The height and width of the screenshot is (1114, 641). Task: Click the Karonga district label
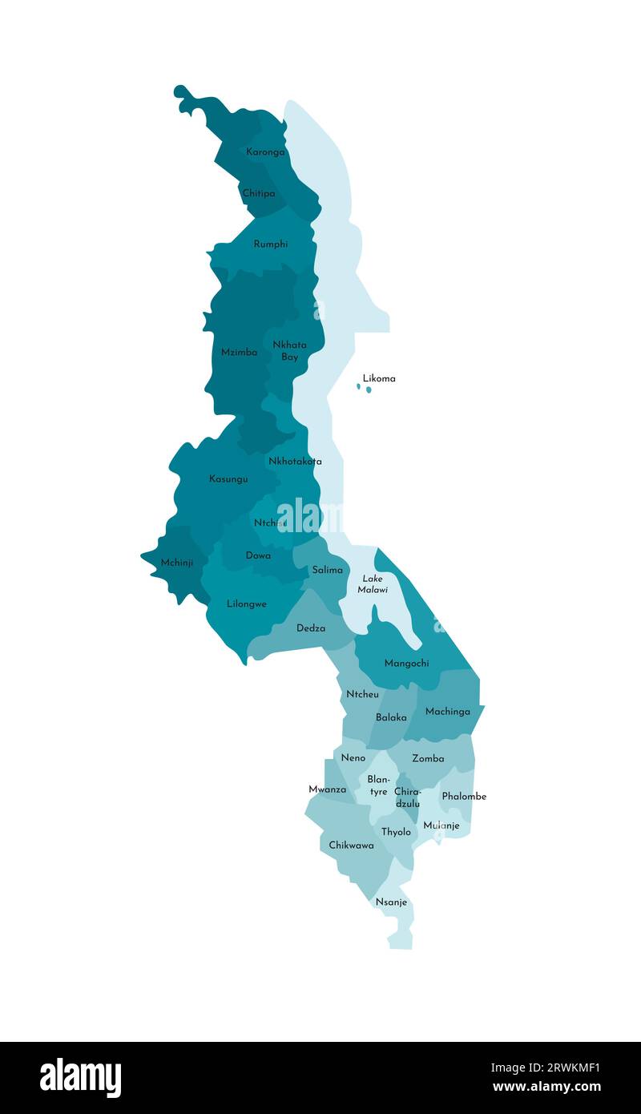click(265, 151)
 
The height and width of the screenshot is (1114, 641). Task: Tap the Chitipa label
click(259, 193)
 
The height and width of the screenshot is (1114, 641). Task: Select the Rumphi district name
click(271, 244)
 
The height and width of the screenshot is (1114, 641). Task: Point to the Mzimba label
click(240, 352)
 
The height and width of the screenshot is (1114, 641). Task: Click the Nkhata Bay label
click(289, 350)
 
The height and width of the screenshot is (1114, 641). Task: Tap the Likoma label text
click(379, 378)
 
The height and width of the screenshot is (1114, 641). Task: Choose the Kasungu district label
click(228, 478)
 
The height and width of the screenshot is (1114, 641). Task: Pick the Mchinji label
click(176, 563)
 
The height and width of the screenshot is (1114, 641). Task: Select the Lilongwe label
click(247, 603)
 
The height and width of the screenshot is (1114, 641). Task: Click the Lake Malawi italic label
click(373, 583)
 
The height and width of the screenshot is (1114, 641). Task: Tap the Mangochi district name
click(406, 663)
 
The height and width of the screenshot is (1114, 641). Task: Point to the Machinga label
click(448, 711)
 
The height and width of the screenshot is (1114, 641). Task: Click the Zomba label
click(428, 758)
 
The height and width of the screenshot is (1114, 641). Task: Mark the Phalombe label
click(464, 796)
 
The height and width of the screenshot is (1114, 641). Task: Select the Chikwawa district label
click(351, 845)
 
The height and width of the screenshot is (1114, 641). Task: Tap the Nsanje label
click(392, 902)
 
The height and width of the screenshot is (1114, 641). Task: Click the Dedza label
click(311, 628)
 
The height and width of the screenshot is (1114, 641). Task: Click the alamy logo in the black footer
click(80, 1078)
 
